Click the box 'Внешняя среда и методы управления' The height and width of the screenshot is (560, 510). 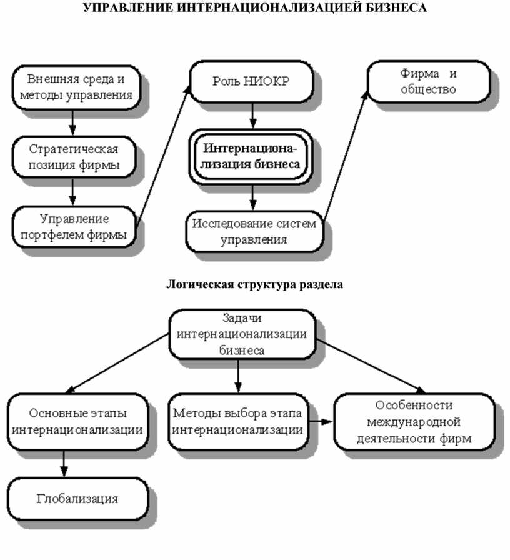[x=75, y=86]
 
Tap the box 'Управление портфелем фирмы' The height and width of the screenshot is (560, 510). [x=74, y=227]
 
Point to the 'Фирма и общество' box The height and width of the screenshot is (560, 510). [x=429, y=81]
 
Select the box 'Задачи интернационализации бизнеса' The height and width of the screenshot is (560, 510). [x=241, y=334]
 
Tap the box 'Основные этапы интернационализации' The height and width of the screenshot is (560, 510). [x=77, y=422]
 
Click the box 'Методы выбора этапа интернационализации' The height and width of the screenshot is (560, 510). [x=239, y=422]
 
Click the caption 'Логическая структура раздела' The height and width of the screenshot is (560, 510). [x=254, y=285]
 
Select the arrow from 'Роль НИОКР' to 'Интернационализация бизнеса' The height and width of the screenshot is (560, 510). [x=252, y=115]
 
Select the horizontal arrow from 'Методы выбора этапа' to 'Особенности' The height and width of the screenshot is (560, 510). [x=321, y=422]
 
